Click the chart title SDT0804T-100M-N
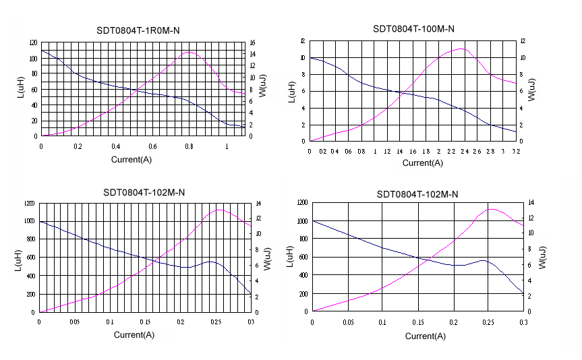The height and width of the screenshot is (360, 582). [x=413, y=29]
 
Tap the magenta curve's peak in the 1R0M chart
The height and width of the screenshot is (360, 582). [x=190, y=52]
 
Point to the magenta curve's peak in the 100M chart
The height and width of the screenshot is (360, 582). [x=461, y=49]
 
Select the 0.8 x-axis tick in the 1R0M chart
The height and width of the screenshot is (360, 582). [x=190, y=146]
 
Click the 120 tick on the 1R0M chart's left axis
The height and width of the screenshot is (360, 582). [x=34, y=42]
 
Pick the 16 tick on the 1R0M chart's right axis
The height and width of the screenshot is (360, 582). [x=252, y=42]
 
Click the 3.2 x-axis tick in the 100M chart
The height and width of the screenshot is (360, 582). [x=516, y=151]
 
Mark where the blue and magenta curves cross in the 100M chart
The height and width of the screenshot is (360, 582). [x=403, y=93]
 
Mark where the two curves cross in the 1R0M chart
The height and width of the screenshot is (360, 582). [x=137, y=89]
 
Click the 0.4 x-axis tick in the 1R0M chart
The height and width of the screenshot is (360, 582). [x=115, y=146]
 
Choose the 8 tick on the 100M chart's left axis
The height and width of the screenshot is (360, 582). [x=303, y=74]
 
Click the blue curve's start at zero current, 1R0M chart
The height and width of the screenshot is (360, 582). [x=41, y=51]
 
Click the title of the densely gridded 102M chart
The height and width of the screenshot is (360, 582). [x=144, y=192]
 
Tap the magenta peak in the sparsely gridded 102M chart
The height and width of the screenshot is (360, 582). [x=491, y=209]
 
